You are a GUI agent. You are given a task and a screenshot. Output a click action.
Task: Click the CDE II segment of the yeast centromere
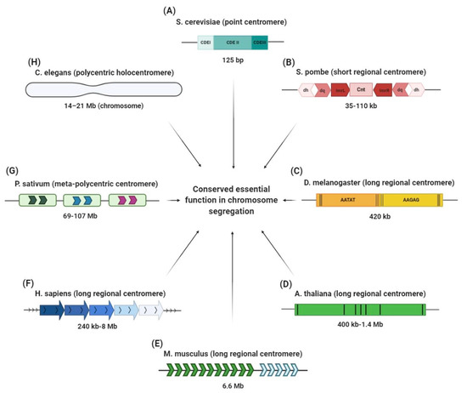point(233,41)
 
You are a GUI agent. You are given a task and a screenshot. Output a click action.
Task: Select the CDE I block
point(205,41)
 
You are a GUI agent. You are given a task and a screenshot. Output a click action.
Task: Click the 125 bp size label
point(232,60)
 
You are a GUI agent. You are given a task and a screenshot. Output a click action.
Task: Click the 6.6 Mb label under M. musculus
point(233,388)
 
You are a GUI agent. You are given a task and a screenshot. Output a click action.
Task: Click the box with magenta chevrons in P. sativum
point(127,201)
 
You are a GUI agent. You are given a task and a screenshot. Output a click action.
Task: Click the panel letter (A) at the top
point(233,8)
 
